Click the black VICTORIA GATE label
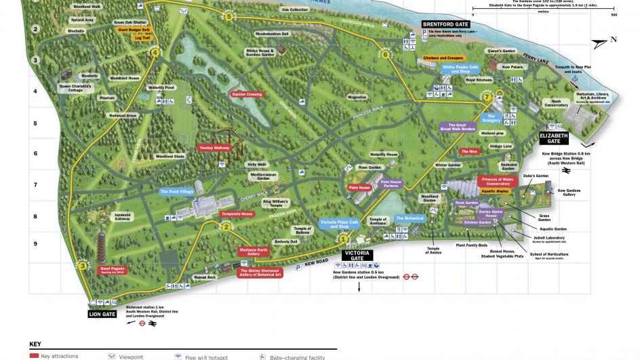[357, 255]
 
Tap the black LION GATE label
[102, 314]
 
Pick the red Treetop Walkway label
[214, 146]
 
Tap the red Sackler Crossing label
[247, 94]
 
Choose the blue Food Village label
[177, 192]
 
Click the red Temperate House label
[237, 214]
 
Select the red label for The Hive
[468, 152]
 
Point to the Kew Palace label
[513, 67]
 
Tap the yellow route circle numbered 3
[83, 266]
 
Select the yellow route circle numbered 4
[155, 53]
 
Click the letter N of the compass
[614, 39]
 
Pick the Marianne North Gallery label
[253, 252]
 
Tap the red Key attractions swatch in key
[33, 356]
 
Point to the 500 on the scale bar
[614, 14]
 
